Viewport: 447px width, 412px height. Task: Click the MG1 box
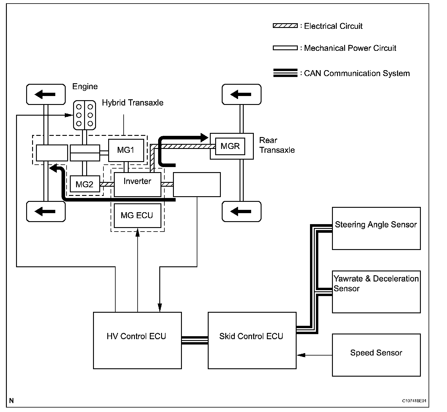point(126,150)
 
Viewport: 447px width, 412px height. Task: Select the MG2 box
point(84,184)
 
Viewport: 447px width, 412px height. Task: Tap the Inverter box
point(137,184)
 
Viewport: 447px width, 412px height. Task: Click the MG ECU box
point(137,216)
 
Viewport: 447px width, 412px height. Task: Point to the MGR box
point(230,146)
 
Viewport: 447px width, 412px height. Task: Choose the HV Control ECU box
point(137,340)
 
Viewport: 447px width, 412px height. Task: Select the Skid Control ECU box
point(252,340)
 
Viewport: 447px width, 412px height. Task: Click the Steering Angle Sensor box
point(376,228)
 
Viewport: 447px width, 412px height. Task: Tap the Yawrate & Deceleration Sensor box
point(376,292)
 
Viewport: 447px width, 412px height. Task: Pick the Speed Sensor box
point(376,355)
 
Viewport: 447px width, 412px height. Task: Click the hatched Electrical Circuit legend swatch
point(285,26)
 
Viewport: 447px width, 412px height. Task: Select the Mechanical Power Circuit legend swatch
point(285,48)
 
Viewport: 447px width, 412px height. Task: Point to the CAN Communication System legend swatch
point(285,73)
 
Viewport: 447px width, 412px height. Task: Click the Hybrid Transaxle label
point(133,103)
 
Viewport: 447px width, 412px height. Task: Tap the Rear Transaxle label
point(277,145)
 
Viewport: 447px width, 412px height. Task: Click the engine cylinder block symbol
point(84,115)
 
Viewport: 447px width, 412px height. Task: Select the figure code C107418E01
point(414,401)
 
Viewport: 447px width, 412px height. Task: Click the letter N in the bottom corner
point(11,401)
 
